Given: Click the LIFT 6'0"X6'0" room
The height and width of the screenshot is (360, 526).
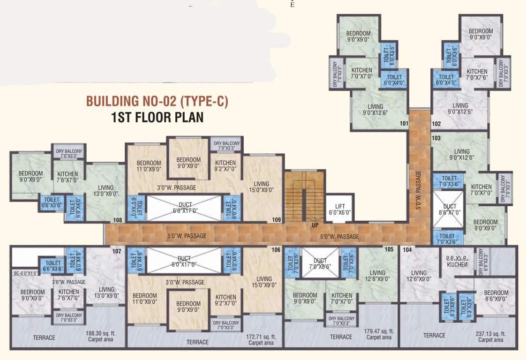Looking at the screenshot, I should pos(340,209).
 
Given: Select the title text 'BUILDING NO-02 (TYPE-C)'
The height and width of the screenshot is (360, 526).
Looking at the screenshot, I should pos(157,102).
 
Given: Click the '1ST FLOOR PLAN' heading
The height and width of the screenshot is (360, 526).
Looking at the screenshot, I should pos(157,117).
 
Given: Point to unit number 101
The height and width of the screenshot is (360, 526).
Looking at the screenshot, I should pos(404,124).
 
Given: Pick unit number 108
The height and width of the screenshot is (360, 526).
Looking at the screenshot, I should pos(118,220).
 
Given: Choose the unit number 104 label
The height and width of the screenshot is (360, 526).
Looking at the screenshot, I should pos(407,250).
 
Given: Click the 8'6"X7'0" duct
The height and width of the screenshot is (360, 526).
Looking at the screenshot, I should pos(450,209).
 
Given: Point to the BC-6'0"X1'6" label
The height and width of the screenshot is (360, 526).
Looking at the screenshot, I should pos(25,273).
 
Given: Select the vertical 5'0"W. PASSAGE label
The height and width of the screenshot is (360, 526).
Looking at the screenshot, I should pos(418,190).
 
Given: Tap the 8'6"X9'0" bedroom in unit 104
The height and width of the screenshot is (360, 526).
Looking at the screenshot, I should pos(496,296).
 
